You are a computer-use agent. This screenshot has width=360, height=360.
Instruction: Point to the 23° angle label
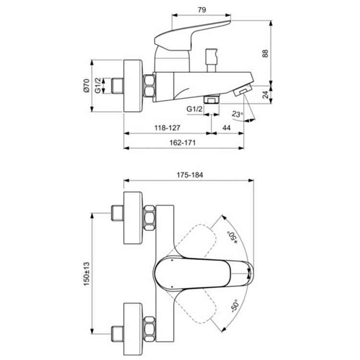[x=237, y=114]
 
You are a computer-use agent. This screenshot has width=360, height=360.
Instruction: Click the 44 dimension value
[x=227, y=128]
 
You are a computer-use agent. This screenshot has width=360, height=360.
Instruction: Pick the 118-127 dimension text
[x=167, y=128]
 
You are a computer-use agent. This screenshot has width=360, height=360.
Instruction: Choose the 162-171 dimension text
[x=184, y=143]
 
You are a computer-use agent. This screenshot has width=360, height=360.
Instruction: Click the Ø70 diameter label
[x=86, y=86]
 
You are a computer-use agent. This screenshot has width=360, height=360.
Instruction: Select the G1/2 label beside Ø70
[x=98, y=86]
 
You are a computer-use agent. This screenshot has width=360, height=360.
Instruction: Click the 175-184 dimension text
[x=190, y=175]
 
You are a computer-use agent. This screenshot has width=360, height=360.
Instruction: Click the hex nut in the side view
[x=150, y=87]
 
